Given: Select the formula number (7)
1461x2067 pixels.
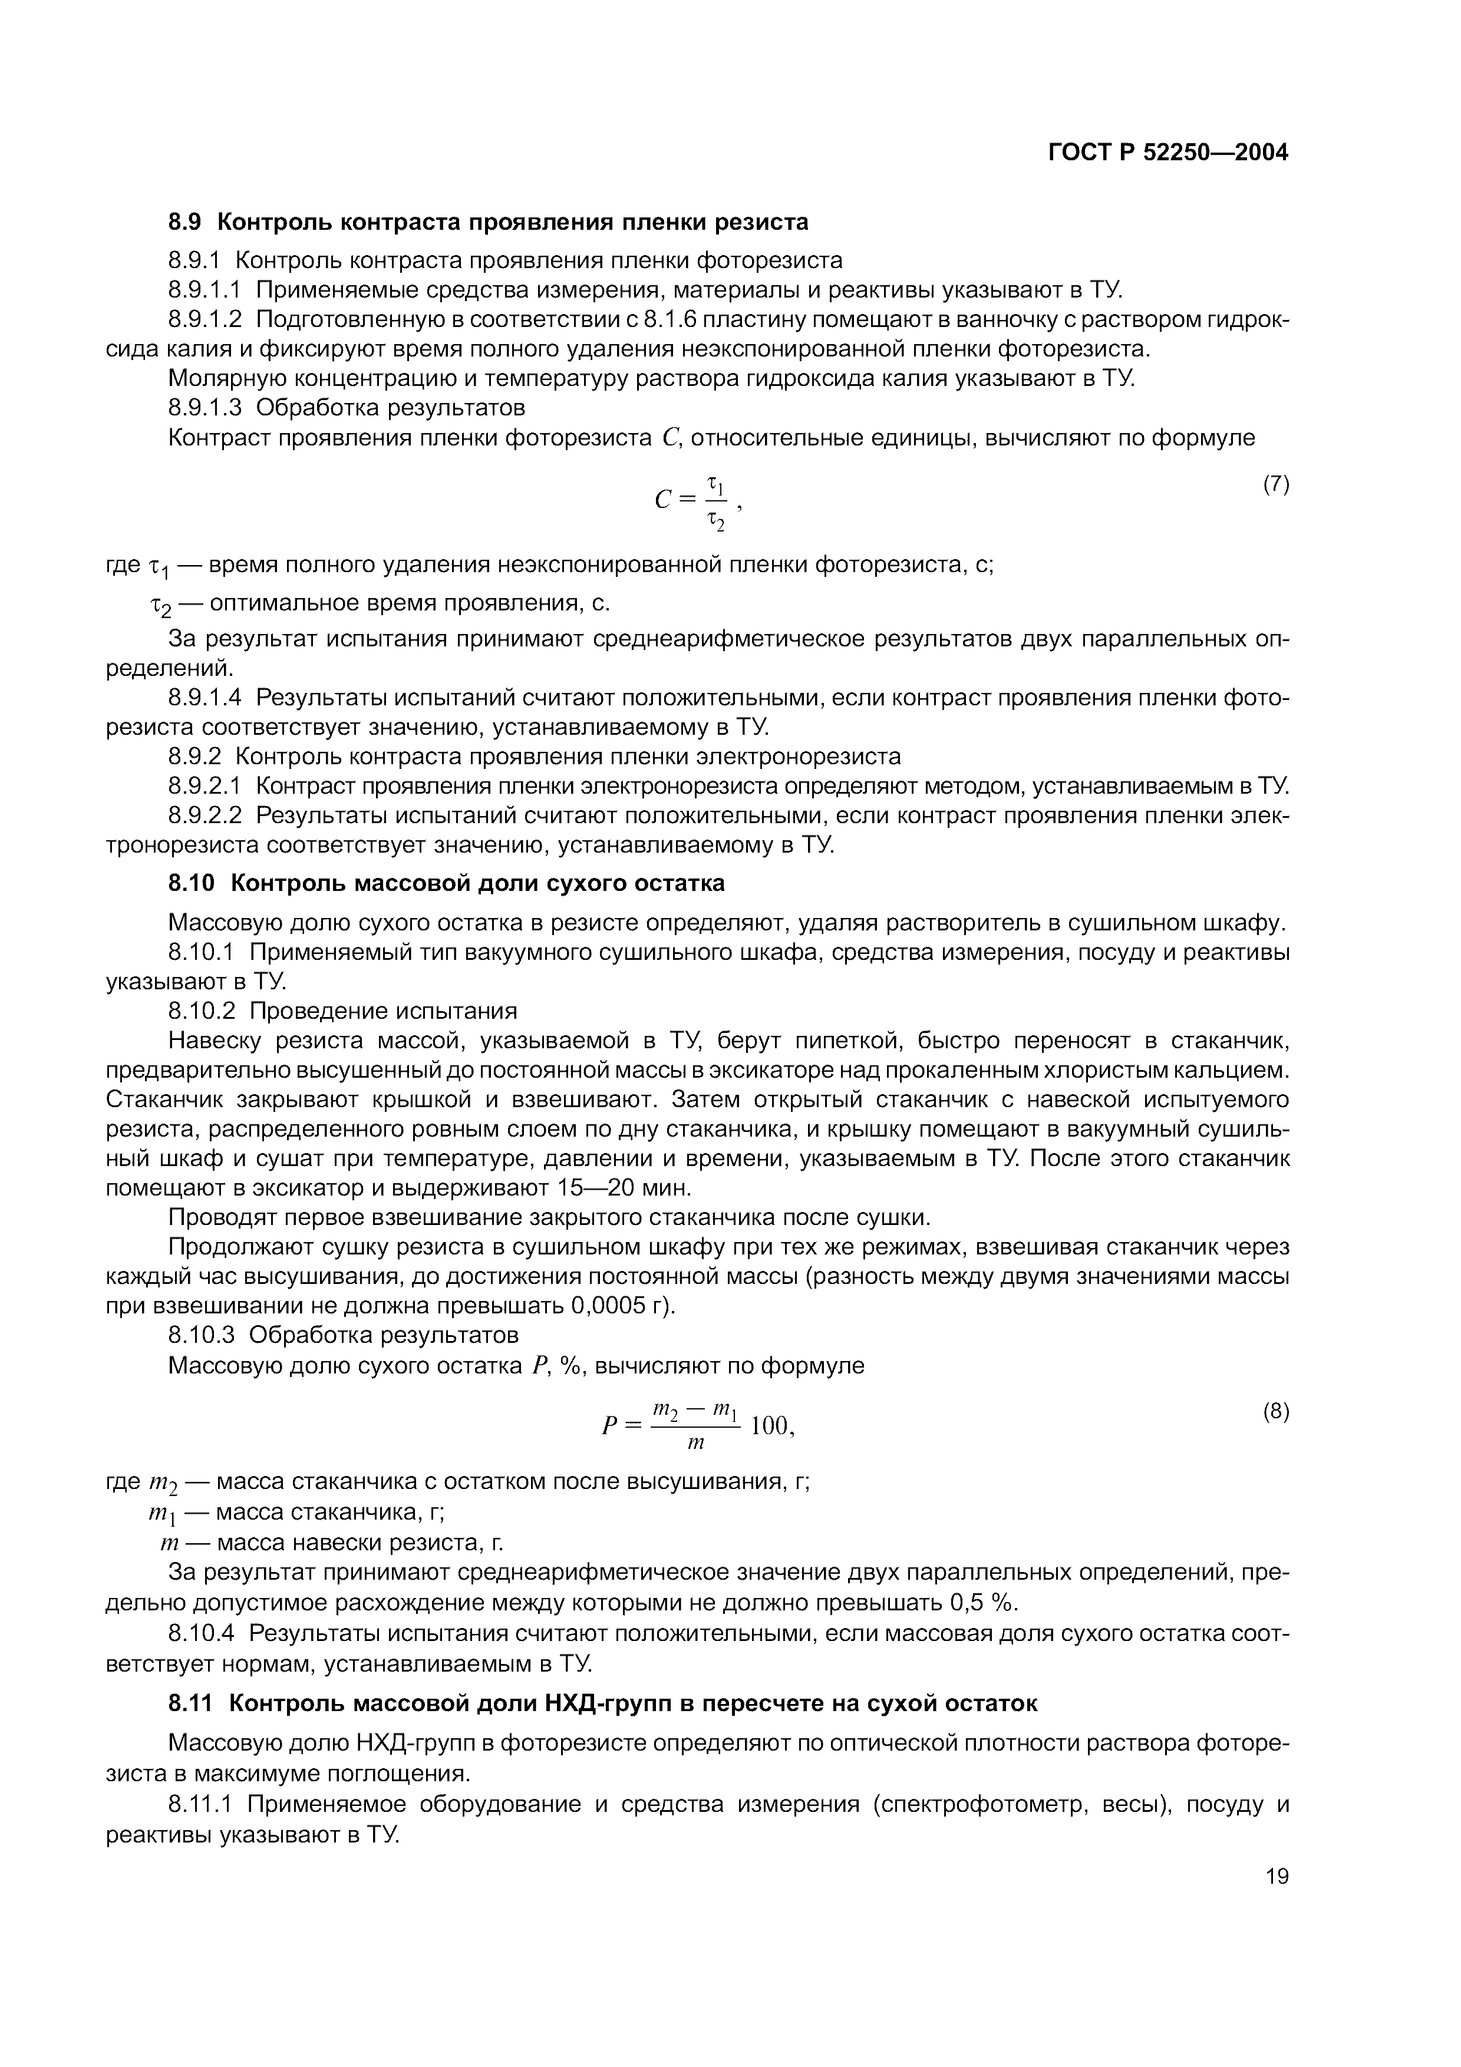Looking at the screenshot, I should [x=1275, y=484].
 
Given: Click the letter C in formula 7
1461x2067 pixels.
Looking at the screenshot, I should [x=664, y=500].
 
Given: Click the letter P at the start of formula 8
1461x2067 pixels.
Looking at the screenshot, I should [x=609, y=1427].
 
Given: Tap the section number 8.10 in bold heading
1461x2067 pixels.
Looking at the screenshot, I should [x=192, y=883].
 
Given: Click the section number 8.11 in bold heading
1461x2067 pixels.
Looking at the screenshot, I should [x=192, y=1703].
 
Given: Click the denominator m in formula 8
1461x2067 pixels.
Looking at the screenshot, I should [x=694, y=1443].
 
